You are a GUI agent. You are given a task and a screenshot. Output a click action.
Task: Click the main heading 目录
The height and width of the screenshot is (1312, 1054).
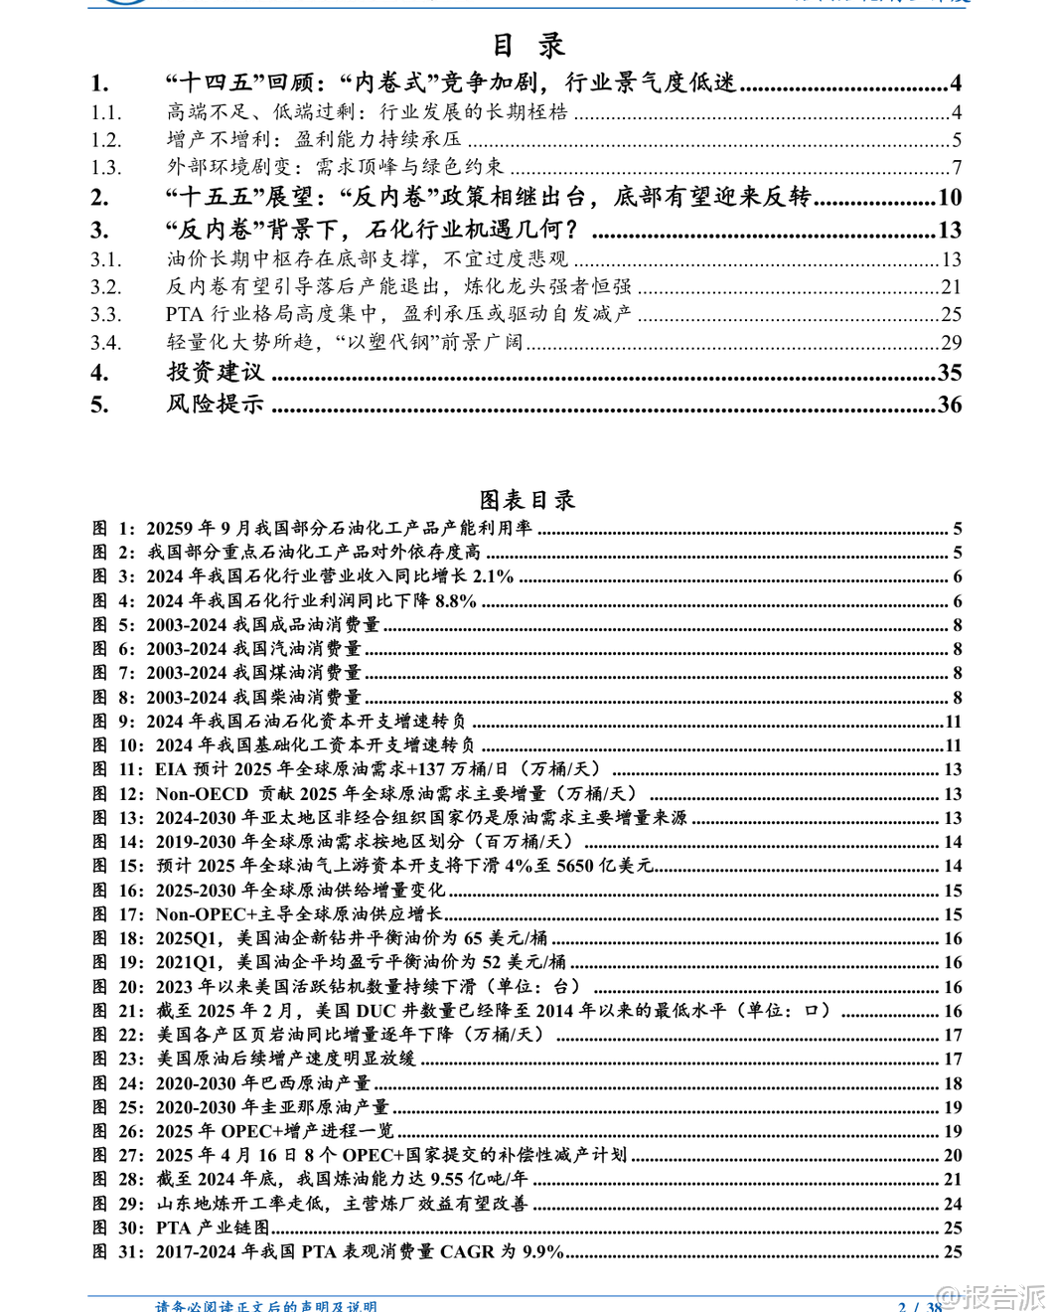tap(528, 46)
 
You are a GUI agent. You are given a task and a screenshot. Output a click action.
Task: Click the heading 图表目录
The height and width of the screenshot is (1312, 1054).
tap(527, 500)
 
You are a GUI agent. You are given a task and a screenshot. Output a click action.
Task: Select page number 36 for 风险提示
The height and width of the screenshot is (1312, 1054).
tap(950, 405)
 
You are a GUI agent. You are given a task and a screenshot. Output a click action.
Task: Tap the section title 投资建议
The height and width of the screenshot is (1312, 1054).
tap(216, 373)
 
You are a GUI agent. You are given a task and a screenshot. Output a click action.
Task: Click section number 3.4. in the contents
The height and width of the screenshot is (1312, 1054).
tap(105, 343)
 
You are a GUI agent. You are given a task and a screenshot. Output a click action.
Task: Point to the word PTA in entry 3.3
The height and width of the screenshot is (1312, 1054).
tap(185, 315)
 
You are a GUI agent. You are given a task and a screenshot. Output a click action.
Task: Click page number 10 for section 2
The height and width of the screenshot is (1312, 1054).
tap(950, 198)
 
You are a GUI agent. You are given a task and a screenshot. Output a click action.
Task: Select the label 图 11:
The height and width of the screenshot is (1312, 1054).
tap(118, 769)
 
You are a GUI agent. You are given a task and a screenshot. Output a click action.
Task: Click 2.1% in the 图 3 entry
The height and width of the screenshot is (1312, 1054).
tap(494, 576)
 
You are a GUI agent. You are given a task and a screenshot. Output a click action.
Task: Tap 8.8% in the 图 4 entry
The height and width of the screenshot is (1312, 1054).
tap(456, 601)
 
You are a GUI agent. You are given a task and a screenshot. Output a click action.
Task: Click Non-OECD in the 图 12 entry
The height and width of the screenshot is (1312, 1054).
tap(202, 794)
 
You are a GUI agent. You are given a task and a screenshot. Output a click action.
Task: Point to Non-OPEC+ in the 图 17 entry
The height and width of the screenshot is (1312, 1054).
tap(201, 914)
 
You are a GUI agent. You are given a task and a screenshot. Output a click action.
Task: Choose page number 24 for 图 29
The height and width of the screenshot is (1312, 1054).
tap(953, 1204)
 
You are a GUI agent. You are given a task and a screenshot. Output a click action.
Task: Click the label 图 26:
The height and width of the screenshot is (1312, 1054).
tap(118, 1131)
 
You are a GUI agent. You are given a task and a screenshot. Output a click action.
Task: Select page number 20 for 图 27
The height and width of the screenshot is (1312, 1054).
tap(953, 1155)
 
